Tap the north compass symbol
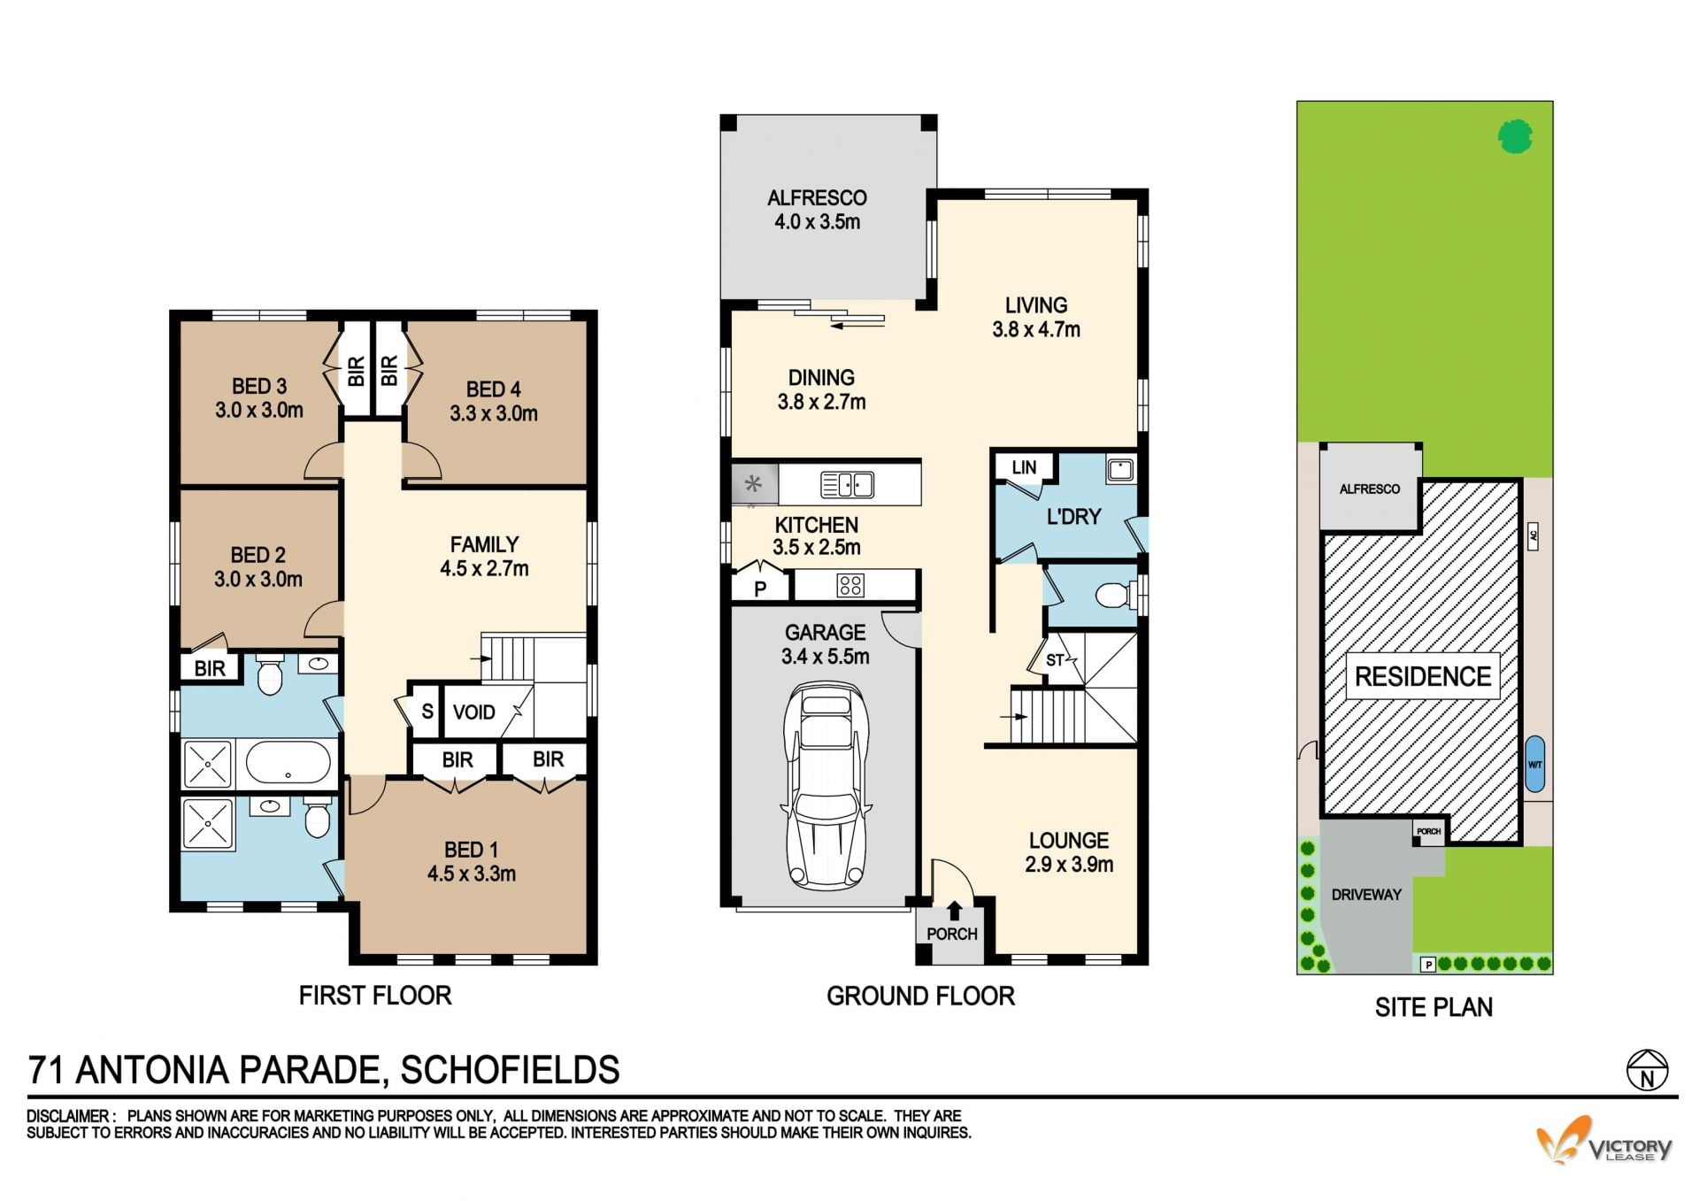pyautogui.click(x=1647, y=1070)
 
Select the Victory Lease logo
pyautogui.click(x=1603, y=1141)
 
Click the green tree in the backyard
pyautogui.click(x=1515, y=136)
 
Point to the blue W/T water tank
pyautogui.click(x=1535, y=764)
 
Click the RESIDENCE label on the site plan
pyautogui.click(x=1423, y=676)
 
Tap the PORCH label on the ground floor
pyautogui.click(x=952, y=934)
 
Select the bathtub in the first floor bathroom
pyautogui.click(x=288, y=763)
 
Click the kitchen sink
pyautogui.click(x=847, y=485)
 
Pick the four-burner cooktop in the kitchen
pyautogui.click(x=850, y=585)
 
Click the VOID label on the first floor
pyautogui.click(x=473, y=712)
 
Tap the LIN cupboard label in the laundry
pyautogui.click(x=1024, y=467)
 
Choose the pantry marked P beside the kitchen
pyautogui.click(x=759, y=588)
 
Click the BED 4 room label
pyautogui.click(x=493, y=389)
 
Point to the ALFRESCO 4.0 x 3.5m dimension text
pyautogui.click(x=818, y=221)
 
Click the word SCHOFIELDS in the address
pyautogui.click(x=510, y=1070)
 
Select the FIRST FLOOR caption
pyautogui.click(x=375, y=996)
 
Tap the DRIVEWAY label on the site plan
pyautogui.click(x=1366, y=895)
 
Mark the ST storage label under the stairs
pyautogui.click(x=1055, y=660)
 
